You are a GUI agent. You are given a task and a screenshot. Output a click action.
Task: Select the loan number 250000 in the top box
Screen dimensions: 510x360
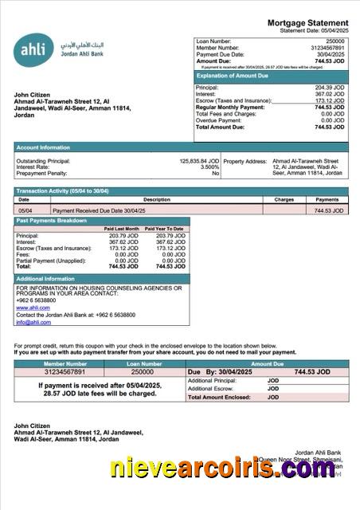pos(335,41)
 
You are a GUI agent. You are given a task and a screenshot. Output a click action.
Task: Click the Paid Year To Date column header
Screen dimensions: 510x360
pos(164,229)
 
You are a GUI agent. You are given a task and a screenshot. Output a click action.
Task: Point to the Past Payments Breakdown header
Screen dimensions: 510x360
pos(51,220)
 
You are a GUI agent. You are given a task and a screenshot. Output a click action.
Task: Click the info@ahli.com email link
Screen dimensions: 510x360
pos(33,322)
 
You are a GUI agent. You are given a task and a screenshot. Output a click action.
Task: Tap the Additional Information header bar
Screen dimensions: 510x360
pos(46,278)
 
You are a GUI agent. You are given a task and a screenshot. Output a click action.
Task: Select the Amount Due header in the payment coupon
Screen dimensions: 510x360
pos(267,363)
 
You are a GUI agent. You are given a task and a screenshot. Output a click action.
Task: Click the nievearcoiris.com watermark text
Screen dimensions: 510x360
pos(222,469)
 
